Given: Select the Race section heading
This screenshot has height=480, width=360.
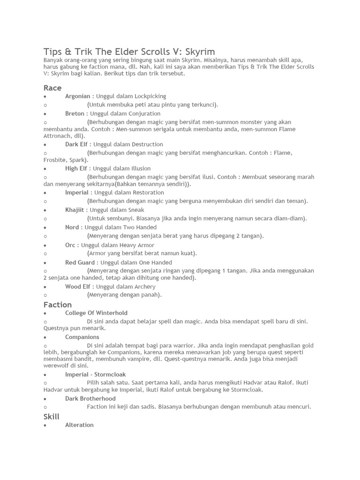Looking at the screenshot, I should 52,88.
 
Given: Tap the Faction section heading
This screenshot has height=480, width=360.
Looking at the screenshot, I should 58,304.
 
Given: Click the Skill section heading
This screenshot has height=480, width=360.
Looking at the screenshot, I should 52,416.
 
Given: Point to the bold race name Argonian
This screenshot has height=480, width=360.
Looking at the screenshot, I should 77,96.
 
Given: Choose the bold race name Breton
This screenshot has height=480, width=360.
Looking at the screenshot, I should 75,113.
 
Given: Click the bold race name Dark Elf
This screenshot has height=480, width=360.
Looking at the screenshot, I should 76,144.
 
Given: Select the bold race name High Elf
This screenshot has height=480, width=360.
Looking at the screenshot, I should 76,168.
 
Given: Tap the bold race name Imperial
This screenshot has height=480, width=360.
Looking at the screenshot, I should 77,192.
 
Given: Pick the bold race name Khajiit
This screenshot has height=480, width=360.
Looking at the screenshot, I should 75,210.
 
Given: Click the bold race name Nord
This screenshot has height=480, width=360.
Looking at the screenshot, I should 72,227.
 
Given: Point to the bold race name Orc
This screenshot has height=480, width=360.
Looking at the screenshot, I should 70,245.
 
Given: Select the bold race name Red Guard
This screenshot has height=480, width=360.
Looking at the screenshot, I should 80,262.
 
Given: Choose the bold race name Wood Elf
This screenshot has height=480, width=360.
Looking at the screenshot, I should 77,286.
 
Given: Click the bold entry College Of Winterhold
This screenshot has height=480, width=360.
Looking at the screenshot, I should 96,313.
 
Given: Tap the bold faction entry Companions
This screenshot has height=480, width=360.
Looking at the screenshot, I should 82,337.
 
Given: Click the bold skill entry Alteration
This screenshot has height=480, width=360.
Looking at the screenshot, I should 79,425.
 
